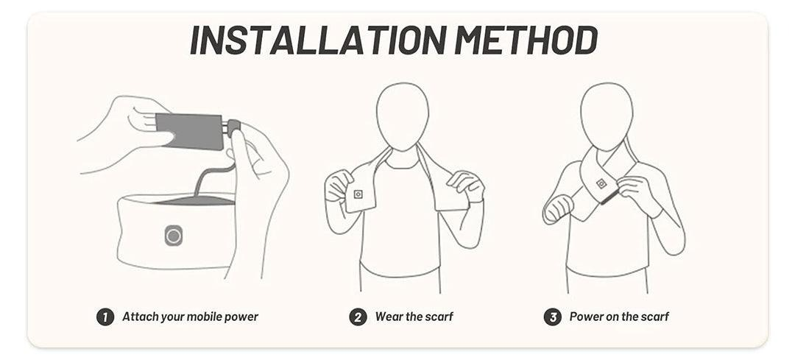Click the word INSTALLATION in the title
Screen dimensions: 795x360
(318, 39)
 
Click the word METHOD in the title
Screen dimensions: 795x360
(526, 39)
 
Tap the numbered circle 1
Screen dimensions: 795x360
(105, 317)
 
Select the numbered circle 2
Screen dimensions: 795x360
(358, 317)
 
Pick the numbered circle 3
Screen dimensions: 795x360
(553, 317)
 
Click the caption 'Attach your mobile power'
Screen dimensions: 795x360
(190, 317)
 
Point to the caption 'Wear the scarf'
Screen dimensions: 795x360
(414, 317)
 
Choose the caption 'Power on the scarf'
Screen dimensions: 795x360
(619, 317)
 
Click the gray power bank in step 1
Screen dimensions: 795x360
(190, 131)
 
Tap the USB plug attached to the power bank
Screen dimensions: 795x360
(232, 128)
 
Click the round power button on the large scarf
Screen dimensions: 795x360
(174, 236)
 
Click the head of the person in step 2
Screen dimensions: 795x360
(403, 116)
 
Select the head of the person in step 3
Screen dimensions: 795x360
(607, 116)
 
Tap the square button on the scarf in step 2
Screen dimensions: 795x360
(358, 194)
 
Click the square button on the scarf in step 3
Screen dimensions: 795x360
(601, 183)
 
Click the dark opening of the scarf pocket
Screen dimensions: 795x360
(195, 200)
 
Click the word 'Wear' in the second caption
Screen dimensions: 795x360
(389, 317)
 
